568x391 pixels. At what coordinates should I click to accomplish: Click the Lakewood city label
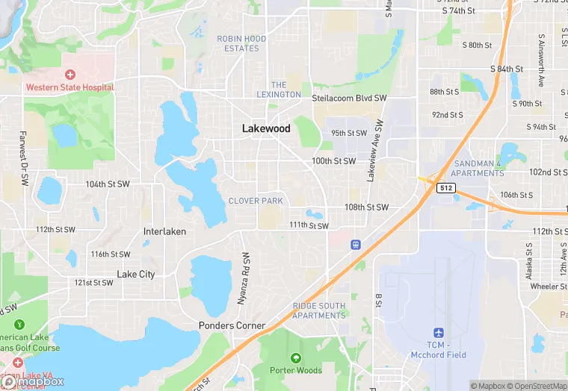(266, 128)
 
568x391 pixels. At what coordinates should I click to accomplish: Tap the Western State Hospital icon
(70, 75)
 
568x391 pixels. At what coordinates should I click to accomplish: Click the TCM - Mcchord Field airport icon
(439, 332)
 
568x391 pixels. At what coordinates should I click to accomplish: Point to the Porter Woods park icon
(296, 358)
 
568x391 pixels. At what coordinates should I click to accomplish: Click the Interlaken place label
(164, 231)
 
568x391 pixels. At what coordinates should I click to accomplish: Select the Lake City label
(136, 274)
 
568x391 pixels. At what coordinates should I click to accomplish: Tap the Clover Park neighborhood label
(256, 201)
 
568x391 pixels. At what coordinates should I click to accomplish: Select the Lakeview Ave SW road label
(375, 151)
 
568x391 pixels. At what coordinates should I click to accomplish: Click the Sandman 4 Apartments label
(478, 168)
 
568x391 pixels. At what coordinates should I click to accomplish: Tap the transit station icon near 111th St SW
(356, 243)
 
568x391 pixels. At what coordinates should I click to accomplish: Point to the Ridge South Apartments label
(319, 310)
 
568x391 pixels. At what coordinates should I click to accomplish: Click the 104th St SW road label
(108, 184)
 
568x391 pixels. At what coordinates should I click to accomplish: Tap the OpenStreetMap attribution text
(536, 386)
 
